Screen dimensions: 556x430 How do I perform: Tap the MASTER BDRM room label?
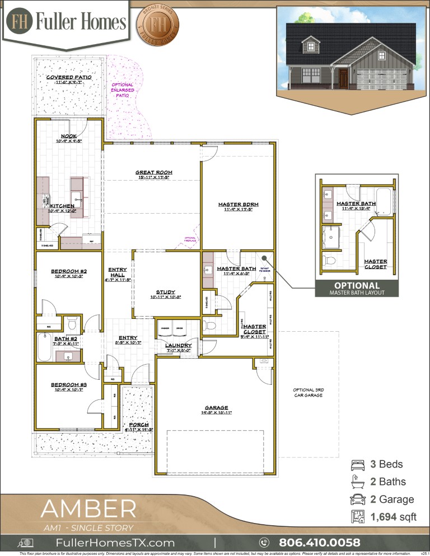click(238, 205)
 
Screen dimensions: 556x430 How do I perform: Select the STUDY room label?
click(166, 292)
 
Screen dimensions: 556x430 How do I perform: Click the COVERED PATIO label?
click(69, 78)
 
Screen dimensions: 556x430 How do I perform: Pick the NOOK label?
click(69, 135)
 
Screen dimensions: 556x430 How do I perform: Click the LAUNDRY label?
click(178, 346)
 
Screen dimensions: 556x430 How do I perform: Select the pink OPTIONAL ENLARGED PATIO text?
click(123, 90)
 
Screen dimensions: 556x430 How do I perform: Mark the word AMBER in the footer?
click(88, 509)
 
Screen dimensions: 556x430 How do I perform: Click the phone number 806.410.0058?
click(319, 543)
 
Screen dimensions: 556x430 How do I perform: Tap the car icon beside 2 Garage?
click(357, 500)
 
